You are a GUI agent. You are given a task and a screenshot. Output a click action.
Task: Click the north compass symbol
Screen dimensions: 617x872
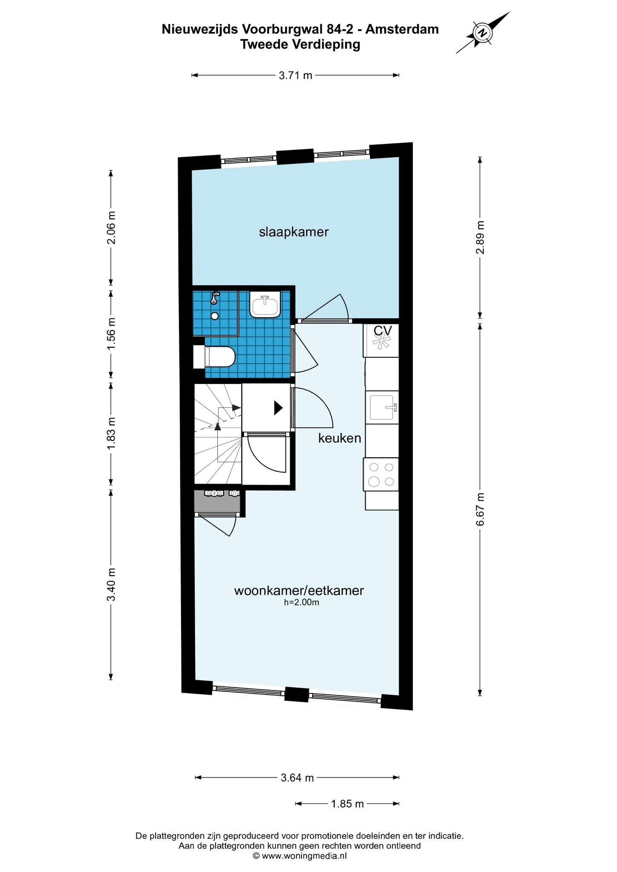tap(483, 33)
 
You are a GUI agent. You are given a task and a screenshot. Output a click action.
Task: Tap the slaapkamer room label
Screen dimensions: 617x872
tap(294, 232)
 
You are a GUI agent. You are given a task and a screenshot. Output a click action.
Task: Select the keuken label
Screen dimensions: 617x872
tap(340, 438)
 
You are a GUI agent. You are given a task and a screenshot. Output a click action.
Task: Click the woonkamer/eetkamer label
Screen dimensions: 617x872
tap(299, 591)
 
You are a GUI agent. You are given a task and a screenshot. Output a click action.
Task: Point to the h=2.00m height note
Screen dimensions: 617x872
tap(301, 602)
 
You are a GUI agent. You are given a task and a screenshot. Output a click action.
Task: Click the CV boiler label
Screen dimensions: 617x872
tap(383, 330)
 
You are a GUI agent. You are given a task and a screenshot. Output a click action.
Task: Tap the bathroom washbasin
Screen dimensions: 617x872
tap(265, 304)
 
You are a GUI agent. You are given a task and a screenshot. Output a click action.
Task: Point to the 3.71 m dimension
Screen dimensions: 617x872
tap(295, 75)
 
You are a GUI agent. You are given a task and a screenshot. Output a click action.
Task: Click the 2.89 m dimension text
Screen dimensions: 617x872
tap(480, 238)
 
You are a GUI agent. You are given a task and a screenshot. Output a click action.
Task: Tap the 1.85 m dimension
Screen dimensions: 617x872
tap(347, 804)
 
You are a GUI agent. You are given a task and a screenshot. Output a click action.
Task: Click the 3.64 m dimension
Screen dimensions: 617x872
tap(297, 778)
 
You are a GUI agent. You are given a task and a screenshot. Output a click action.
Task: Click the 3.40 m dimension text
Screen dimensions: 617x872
tap(111, 585)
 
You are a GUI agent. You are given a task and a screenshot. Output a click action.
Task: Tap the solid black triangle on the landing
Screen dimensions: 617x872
tap(278, 408)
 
